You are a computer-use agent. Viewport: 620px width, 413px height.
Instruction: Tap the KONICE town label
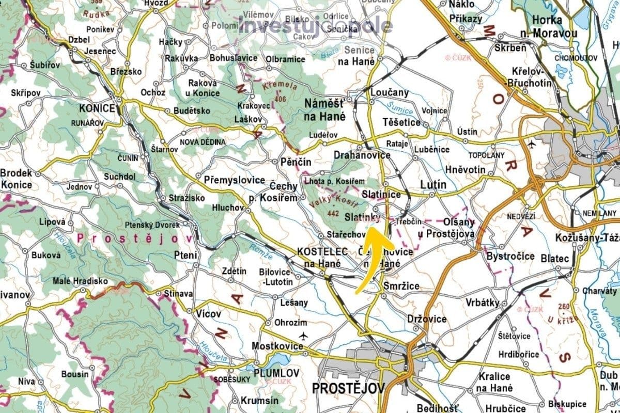pyautogui.click(x=96, y=109)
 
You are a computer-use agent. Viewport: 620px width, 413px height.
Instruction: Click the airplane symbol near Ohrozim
pyautogui.click(x=303, y=336)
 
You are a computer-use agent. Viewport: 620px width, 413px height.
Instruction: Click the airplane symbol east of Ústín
pyautogui.click(x=533, y=144)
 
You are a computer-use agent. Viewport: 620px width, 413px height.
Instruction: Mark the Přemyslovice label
pyautogui.click(x=234, y=180)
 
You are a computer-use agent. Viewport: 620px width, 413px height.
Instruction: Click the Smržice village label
pyautogui.click(x=401, y=285)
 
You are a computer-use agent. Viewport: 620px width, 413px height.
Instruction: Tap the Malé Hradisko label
pyautogui.click(x=81, y=281)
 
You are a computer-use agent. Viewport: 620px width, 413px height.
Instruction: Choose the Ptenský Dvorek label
pyautogui.click(x=152, y=225)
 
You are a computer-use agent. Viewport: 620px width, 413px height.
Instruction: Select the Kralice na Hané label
pyautogui.click(x=494, y=382)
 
